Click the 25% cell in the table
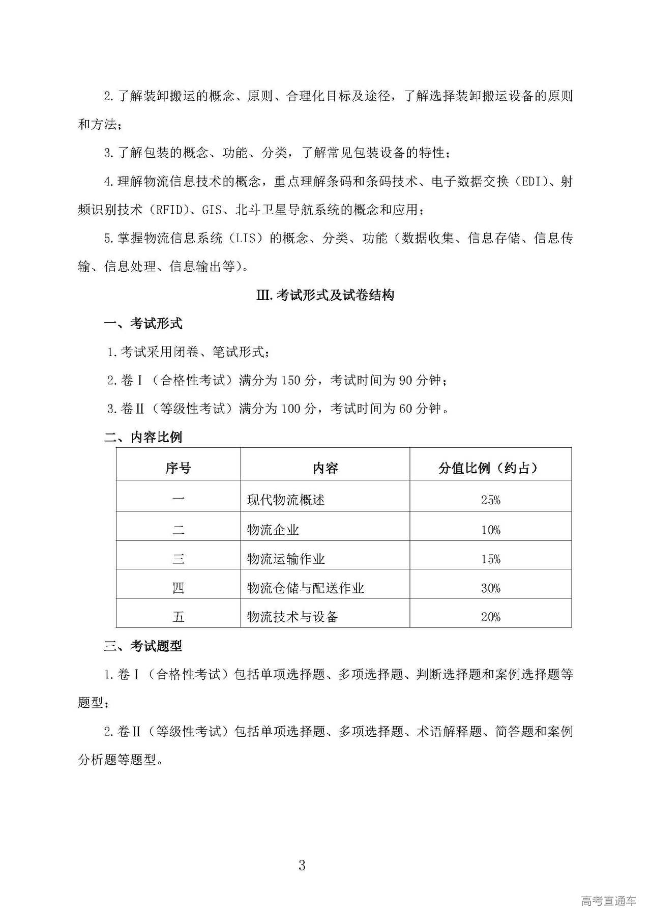490,500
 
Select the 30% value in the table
490,588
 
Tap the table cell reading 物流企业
273,530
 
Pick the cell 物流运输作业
286,559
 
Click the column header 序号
178,468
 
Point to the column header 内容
325,468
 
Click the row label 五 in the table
178,617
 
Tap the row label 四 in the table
178,588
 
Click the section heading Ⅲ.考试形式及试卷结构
325,295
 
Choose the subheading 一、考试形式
143,324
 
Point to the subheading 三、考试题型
143,646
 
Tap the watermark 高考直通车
608,901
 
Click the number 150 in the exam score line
291,380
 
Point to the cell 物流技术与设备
292,617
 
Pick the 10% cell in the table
490,530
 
